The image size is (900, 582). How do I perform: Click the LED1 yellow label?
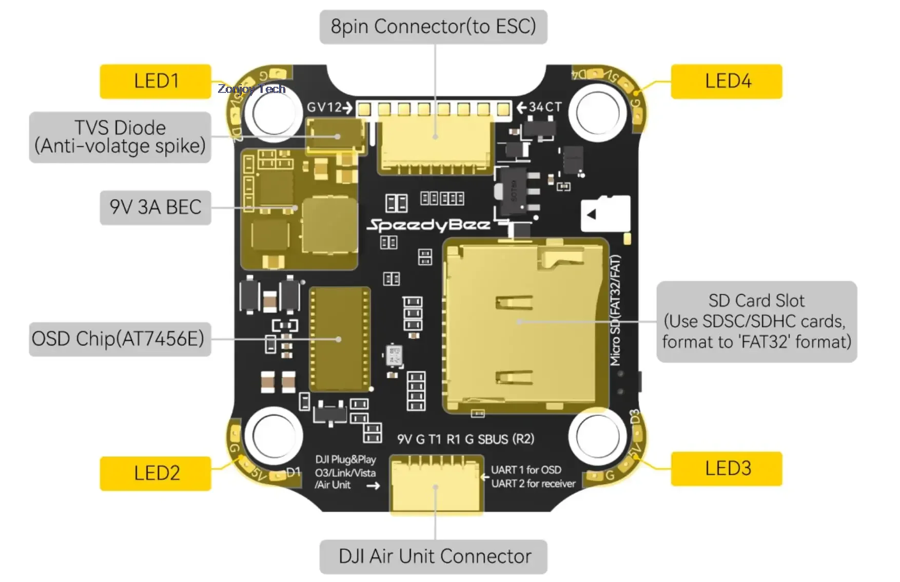click(155, 81)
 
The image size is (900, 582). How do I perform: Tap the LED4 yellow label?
click(727, 81)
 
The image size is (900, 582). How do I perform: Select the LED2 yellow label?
click(155, 473)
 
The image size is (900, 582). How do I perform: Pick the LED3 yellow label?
click(727, 469)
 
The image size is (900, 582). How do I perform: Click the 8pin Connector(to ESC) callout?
click(433, 27)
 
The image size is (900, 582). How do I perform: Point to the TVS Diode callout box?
click(120, 137)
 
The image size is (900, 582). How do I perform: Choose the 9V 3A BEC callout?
click(155, 207)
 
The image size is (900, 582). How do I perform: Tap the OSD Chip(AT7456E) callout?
click(120, 339)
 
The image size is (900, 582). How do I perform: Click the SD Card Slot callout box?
click(756, 321)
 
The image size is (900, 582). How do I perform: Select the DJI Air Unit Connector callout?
click(433, 556)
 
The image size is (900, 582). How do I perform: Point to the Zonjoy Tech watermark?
click(251, 89)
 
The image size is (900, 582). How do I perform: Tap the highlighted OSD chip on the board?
click(340, 339)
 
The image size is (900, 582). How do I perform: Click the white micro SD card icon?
click(605, 214)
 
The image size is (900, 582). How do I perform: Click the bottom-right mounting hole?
click(597, 437)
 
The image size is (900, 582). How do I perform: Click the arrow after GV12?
click(348, 108)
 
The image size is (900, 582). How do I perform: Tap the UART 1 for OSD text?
click(526, 470)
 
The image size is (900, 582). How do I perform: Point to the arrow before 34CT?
click(522, 107)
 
